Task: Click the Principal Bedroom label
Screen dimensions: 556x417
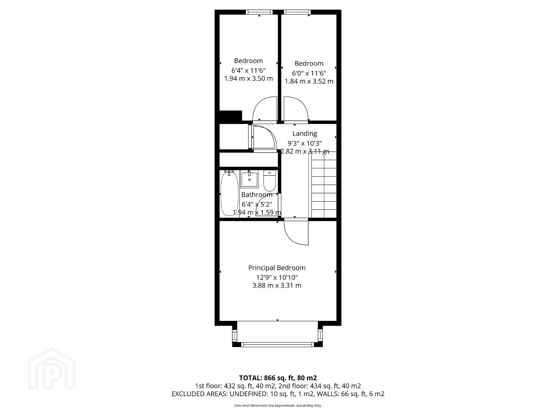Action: pos(276,268)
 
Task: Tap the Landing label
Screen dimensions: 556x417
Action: pos(305,134)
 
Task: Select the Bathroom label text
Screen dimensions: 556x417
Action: pos(257,195)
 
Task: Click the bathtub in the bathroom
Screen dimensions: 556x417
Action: pos(229,193)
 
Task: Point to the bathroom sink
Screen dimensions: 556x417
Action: pos(249,180)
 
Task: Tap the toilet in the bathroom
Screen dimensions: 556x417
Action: pos(270,181)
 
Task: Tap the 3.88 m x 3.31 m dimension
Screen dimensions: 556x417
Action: pos(276,286)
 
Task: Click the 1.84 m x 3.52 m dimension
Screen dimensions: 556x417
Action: pos(309,81)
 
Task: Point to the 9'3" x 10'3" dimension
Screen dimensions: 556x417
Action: pos(305,143)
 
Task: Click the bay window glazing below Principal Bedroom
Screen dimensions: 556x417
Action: pos(277,344)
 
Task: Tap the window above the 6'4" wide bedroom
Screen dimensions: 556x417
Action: pos(259,12)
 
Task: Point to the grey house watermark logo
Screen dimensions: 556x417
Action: pos(52,368)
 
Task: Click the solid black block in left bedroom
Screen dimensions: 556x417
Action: pos(231,116)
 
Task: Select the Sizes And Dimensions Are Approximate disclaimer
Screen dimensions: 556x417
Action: pos(278,405)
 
